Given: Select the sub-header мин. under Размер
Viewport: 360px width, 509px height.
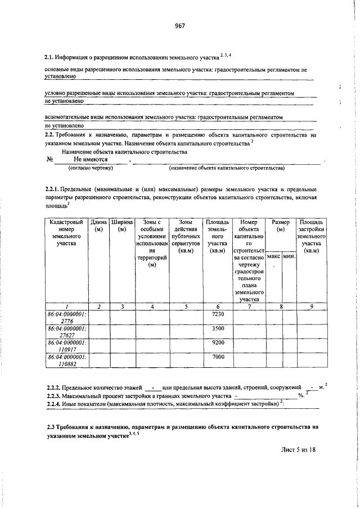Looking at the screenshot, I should click(289, 256).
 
